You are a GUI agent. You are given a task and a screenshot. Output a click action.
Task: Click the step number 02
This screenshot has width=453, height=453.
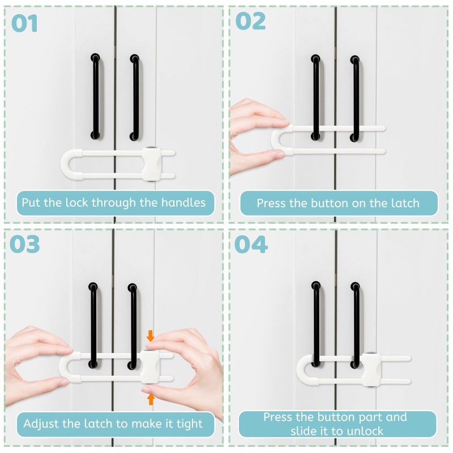250,21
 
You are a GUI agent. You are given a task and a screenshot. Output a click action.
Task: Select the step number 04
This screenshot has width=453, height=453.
251,244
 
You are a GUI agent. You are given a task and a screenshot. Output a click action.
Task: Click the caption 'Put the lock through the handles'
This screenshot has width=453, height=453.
114,202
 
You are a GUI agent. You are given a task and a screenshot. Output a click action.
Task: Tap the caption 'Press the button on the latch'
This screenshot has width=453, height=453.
338,203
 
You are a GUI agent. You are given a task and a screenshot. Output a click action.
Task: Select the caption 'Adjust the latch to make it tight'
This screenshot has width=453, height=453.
113,423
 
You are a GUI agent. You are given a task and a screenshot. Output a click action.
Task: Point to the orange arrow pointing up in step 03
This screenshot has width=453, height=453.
150,399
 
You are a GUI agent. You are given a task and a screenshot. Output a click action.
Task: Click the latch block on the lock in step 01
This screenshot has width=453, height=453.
150,164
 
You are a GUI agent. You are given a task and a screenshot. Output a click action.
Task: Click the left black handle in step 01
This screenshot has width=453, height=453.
95,96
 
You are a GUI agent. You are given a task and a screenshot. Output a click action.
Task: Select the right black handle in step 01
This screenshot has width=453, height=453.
134,96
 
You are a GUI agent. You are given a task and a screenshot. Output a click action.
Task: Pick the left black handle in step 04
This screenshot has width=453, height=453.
315,323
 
